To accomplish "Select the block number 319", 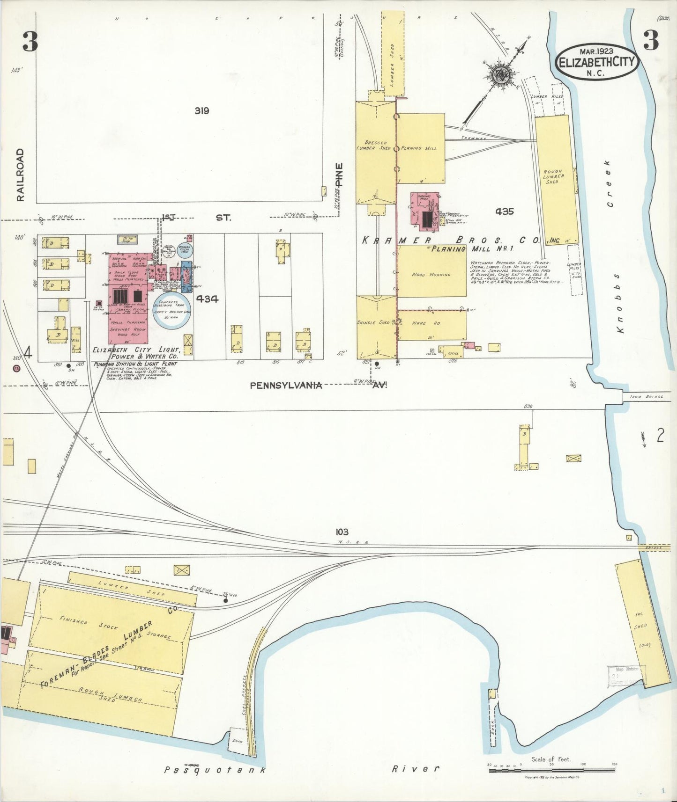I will (x=202, y=111).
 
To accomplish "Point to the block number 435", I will (x=504, y=211).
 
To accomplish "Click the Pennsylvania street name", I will (x=286, y=385).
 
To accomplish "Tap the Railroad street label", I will (x=20, y=175).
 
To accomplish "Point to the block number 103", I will (x=342, y=532).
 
